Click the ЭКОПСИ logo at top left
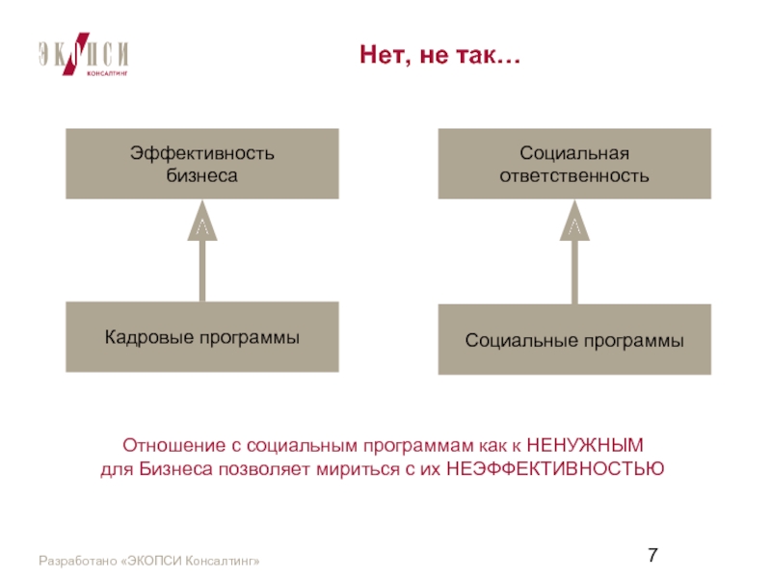point(84,57)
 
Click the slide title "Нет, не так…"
point(439,56)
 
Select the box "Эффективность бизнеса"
point(202,164)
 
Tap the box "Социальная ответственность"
point(574,164)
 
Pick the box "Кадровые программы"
point(202,337)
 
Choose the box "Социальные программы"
point(574,340)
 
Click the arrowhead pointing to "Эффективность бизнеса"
point(202,221)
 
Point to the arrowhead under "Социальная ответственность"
point(574,221)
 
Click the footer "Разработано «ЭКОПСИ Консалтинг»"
point(149,561)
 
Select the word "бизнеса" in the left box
point(202,175)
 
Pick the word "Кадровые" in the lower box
point(144,337)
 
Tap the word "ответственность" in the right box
point(574,175)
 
